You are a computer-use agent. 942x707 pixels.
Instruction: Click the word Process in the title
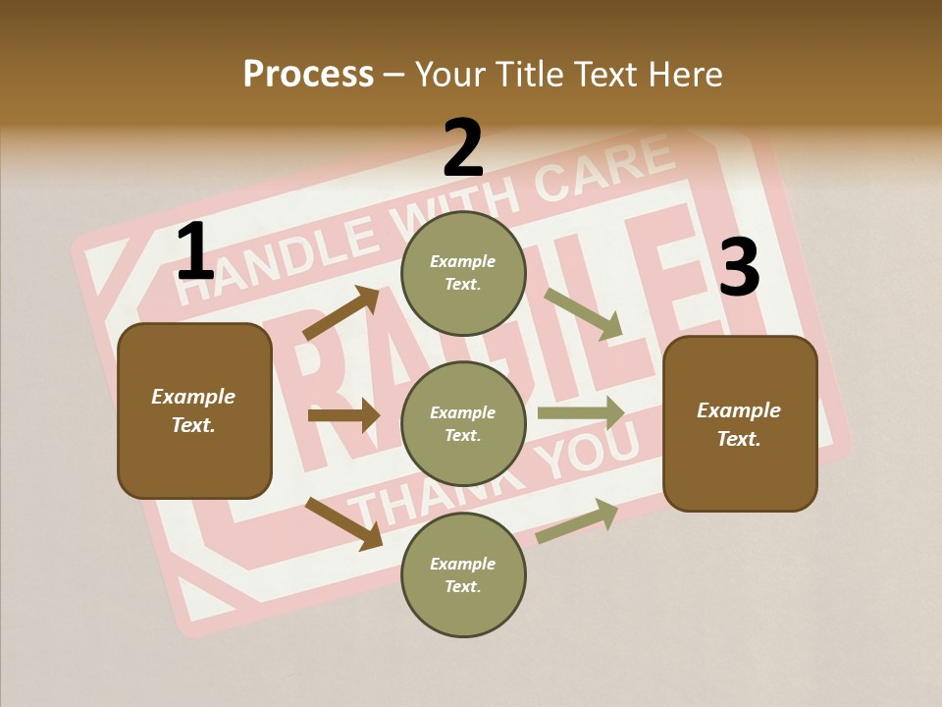coord(308,75)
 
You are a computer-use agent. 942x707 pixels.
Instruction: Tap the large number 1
coord(194,252)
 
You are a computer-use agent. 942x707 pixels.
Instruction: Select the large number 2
coord(463,148)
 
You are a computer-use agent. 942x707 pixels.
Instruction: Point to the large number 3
coord(739,267)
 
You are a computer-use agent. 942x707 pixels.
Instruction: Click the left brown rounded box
coord(194,410)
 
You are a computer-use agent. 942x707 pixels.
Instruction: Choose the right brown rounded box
coord(740,423)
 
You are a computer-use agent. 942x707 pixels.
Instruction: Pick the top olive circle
coord(463,272)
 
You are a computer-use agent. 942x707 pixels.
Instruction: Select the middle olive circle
coord(463,423)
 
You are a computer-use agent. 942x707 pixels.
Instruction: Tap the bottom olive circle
coord(463,574)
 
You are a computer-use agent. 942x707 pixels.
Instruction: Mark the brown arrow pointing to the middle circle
coord(343,415)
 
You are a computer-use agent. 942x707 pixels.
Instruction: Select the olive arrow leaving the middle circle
coord(581,412)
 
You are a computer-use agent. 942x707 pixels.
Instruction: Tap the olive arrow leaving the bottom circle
coord(577,520)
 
